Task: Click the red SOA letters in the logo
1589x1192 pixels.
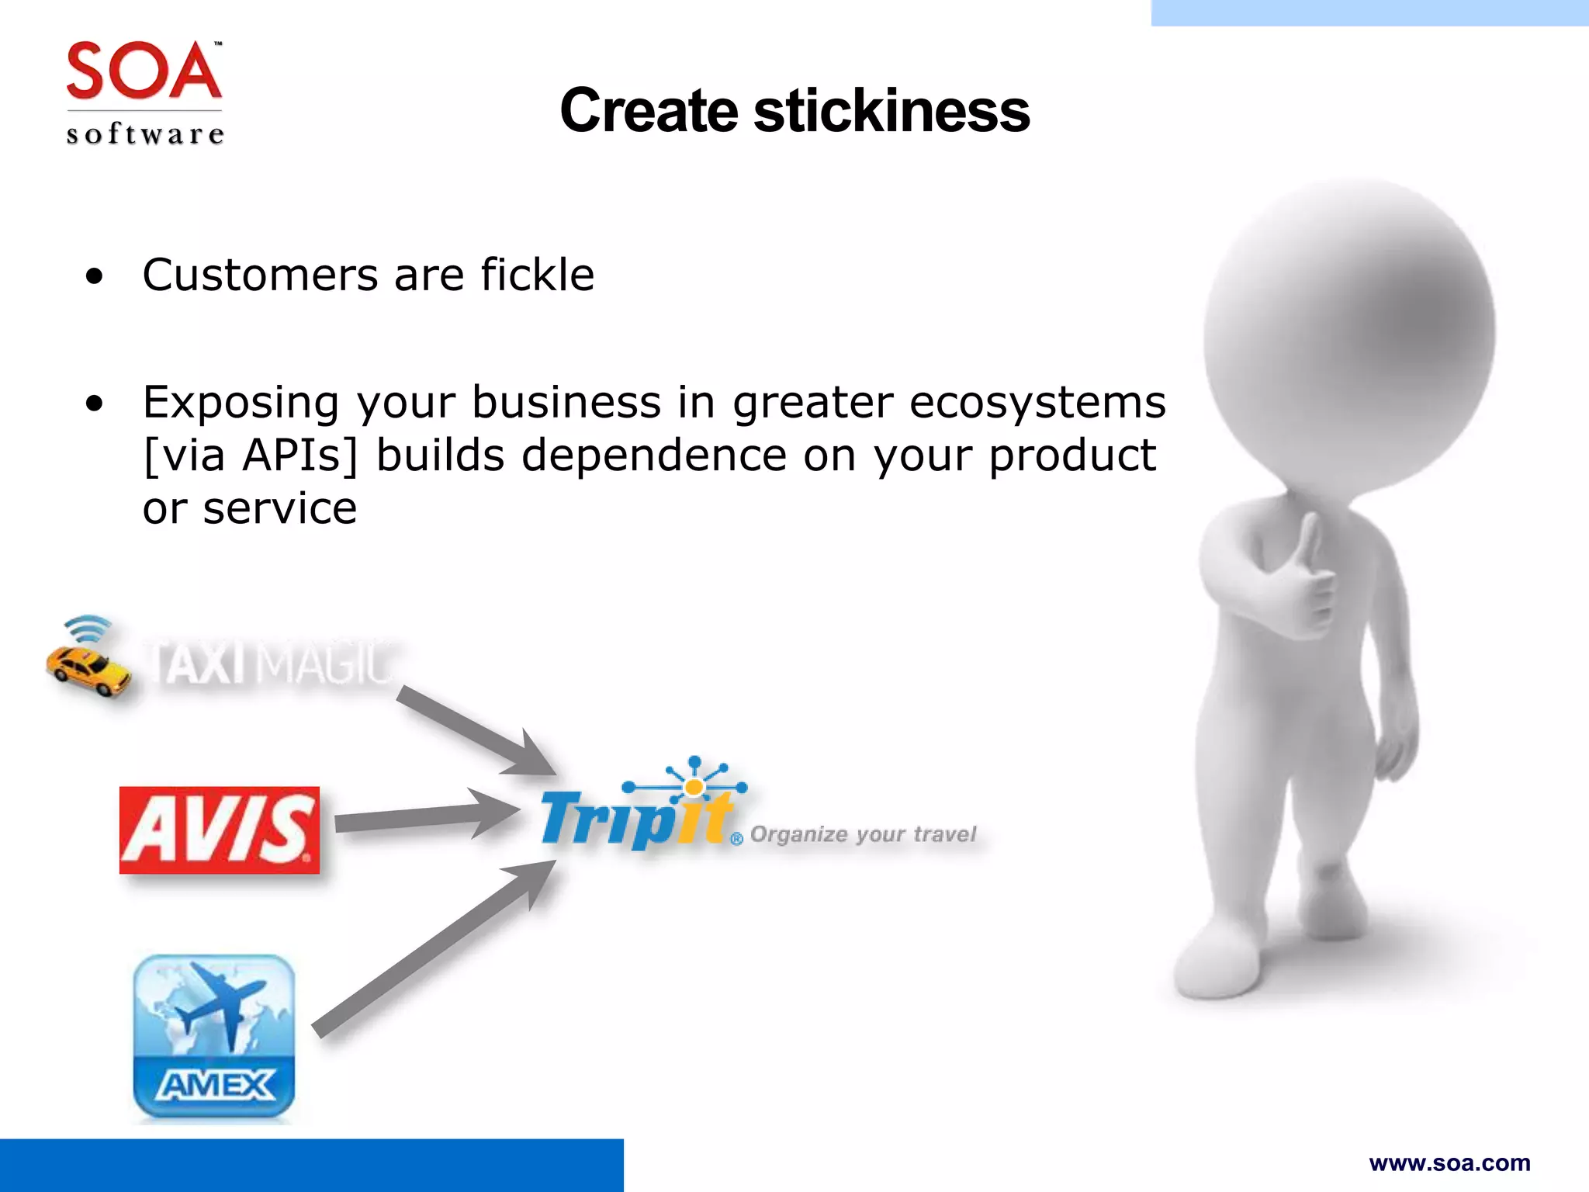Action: [x=144, y=71]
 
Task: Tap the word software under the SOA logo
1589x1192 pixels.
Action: [x=145, y=134]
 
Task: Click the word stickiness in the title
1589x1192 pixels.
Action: [x=891, y=111]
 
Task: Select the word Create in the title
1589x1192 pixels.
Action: [x=649, y=111]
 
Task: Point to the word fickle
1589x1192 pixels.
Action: [x=537, y=275]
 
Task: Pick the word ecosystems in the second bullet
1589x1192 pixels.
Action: [x=1037, y=404]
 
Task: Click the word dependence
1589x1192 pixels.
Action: [x=654, y=456]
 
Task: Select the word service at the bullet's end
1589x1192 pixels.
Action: [x=279, y=509]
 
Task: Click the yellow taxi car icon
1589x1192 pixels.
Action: [x=88, y=669]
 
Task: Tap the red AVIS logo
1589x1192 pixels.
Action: [x=220, y=830]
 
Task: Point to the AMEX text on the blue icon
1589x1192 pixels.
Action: [x=215, y=1085]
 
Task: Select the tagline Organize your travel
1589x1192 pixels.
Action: [x=863, y=834]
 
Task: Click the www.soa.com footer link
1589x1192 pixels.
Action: [x=1449, y=1163]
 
